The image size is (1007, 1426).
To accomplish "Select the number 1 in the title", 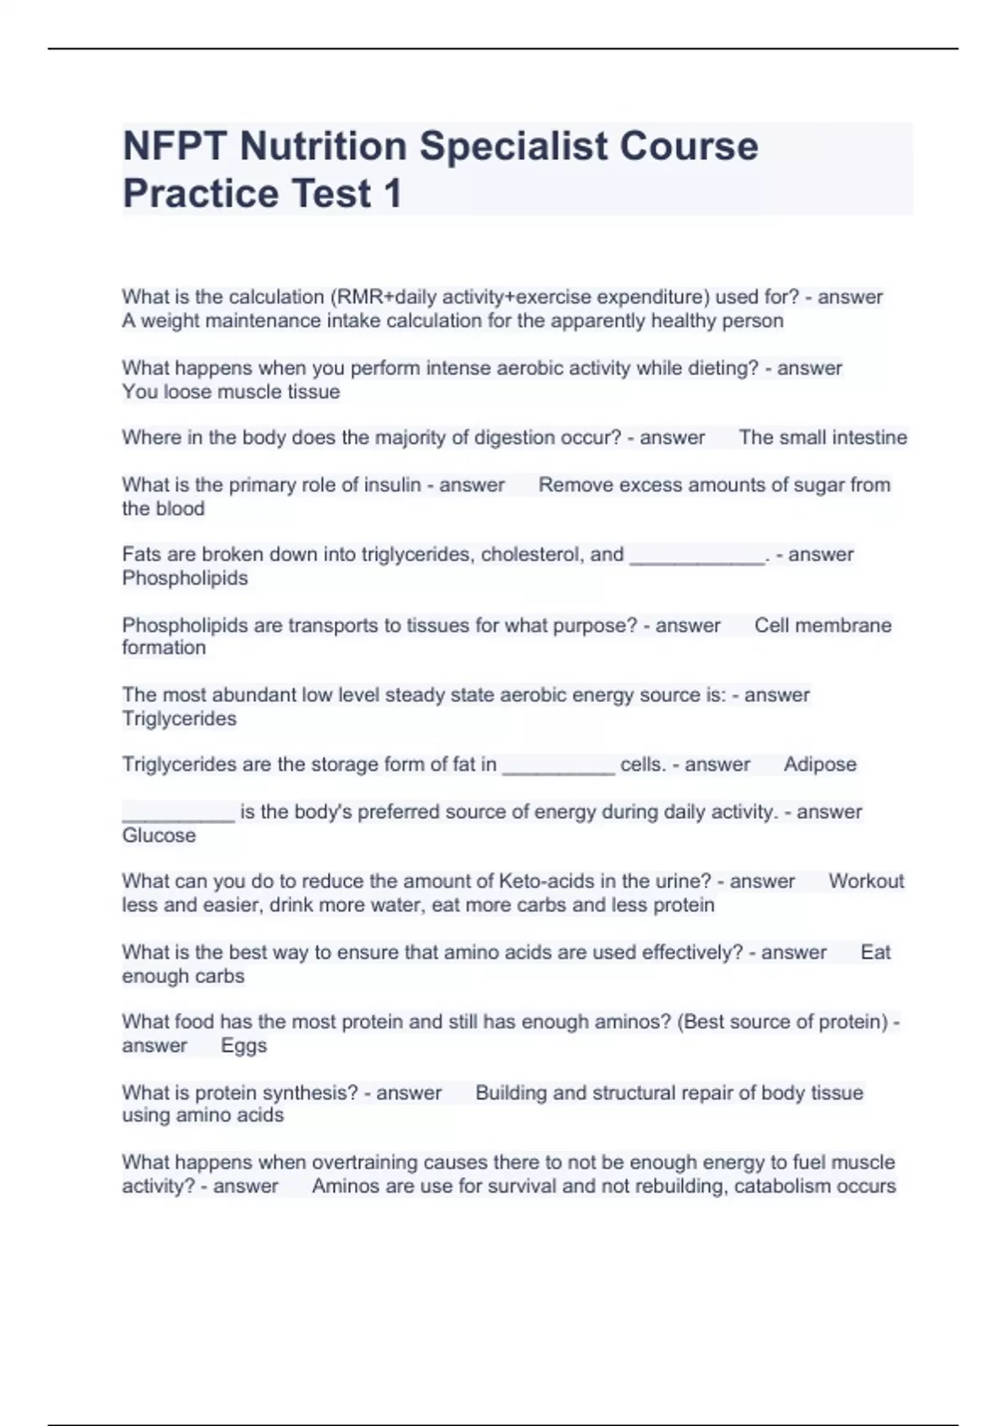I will click(x=392, y=194).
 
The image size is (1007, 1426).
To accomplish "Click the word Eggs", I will click(x=243, y=1046).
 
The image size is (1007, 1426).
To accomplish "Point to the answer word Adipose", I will click(x=820, y=765).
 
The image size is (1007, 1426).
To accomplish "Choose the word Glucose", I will click(x=159, y=835).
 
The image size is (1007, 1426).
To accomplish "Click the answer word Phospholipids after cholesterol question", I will click(x=185, y=578).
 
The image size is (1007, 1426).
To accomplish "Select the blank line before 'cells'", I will click(x=558, y=767).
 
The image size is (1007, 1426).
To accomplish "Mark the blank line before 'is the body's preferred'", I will click(x=178, y=814).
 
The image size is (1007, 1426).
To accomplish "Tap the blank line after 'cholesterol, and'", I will click(x=697, y=557).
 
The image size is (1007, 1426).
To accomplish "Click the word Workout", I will click(x=866, y=882).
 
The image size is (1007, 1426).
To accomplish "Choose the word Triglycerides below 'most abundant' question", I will click(x=179, y=719).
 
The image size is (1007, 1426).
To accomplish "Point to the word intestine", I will click(x=870, y=438).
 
